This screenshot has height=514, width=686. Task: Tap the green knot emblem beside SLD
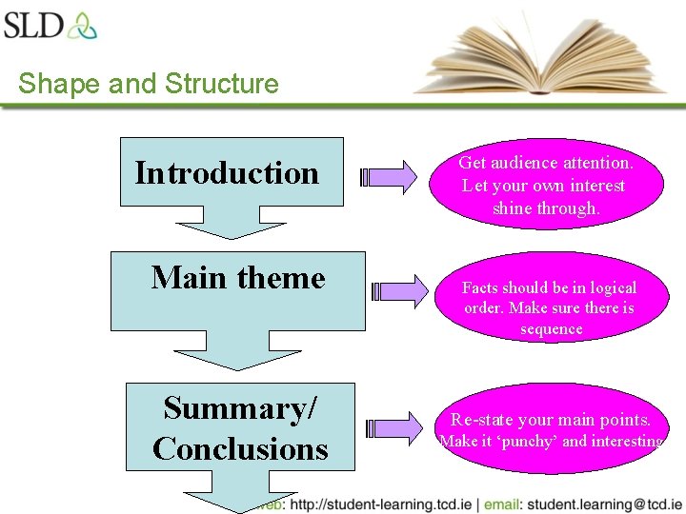coord(82,25)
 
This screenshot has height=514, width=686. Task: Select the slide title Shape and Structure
coord(148,84)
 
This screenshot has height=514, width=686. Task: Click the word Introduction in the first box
coord(227,173)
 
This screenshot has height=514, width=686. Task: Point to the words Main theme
coord(238,278)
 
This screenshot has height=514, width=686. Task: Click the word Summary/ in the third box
coord(239,407)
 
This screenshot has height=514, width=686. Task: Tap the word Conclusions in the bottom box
coord(239,447)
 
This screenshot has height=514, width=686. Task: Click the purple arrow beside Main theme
coord(399,290)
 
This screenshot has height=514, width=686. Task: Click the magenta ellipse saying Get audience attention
coord(545,185)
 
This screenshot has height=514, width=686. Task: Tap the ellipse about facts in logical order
coord(550,307)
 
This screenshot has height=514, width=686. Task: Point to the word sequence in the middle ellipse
coord(551,329)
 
